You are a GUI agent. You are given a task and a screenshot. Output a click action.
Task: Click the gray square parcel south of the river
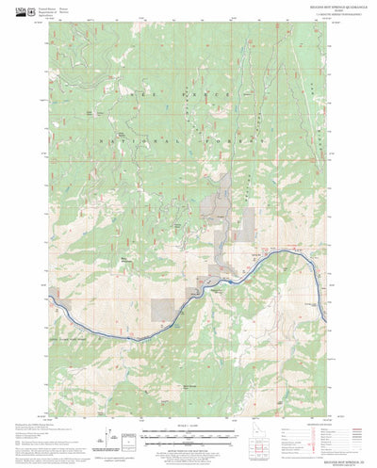pyautogui.click(x=164, y=306)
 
